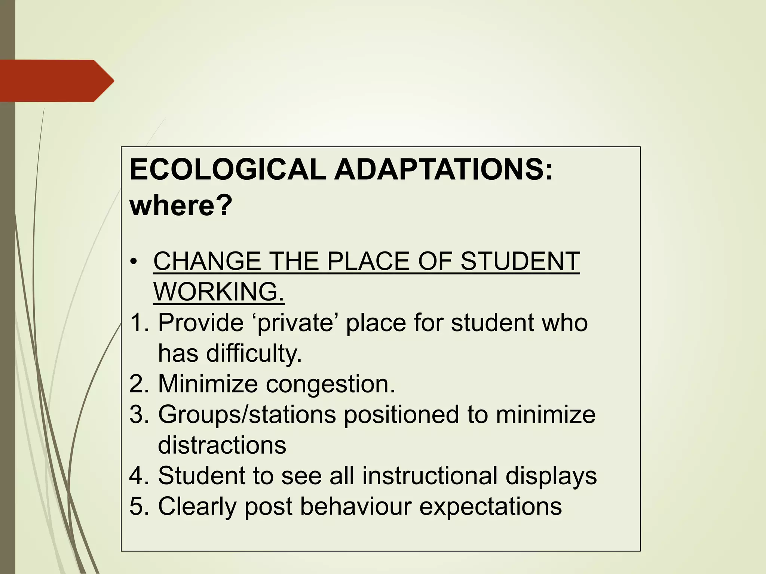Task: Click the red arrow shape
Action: click(56, 81)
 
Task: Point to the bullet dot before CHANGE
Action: click(134, 262)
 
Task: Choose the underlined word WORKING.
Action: click(219, 291)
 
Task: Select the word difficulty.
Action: click(254, 353)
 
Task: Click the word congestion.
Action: click(330, 385)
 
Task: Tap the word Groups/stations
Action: click(247, 415)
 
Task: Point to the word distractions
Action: click(222, 445)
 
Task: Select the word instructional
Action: click(430, 476)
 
